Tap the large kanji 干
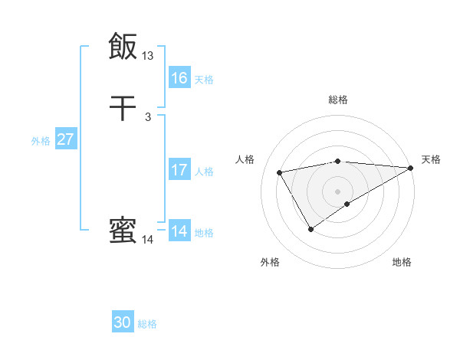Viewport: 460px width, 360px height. tap(123, 108)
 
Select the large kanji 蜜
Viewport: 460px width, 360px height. tap(123, 231)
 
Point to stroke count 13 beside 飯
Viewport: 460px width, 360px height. tap(148, 56)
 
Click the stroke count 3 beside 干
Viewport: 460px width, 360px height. tap(147, 117)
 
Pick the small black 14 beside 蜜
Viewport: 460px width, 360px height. tap(148, 240)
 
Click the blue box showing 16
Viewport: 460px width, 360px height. tap(179, 78)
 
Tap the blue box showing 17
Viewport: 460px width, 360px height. tap(179, 170)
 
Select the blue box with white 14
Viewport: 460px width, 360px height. tap(179, 231)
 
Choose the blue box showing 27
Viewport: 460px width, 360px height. tap(66, 139)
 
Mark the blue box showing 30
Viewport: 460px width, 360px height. tap(123, 322)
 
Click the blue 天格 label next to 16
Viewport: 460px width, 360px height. tap(204, 80)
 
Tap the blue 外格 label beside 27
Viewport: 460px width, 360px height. tap(41, 141)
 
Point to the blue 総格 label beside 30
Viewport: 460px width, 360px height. tap(147, 324)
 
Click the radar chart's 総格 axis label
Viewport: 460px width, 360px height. tap(338, 100)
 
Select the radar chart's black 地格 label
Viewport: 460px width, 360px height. tap(402, 263)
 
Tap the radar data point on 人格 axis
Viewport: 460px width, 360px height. tap(280, 172)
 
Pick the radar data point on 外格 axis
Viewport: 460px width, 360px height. tap(310, 228)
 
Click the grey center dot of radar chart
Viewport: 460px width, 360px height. tap(338, 191)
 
